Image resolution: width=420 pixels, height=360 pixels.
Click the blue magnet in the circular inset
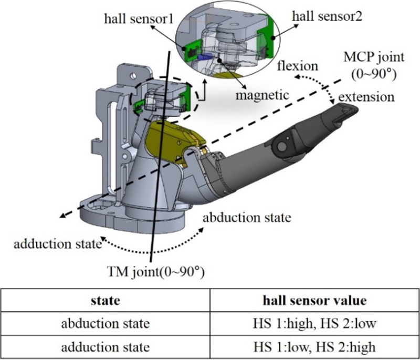click(206, 55)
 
